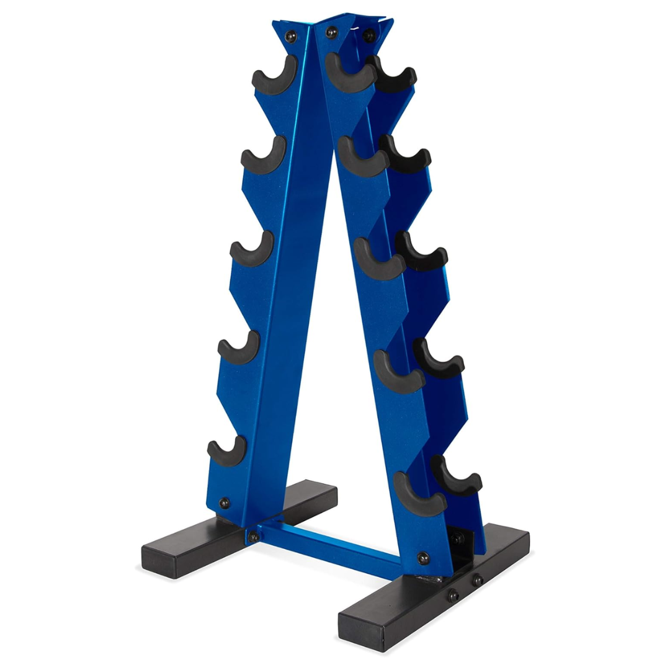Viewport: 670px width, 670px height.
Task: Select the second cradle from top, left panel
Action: tap(263, 156)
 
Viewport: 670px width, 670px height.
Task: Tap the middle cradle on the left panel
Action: tap(251, 251)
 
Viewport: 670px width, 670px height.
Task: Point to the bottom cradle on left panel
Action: tap(227, 453)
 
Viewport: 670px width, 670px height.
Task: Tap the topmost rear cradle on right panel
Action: tap(393, 76)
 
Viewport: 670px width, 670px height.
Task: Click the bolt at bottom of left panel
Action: tap(224, 502)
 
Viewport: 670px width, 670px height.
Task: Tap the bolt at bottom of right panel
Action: tap(423, 556)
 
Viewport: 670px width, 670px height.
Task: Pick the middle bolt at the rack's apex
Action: tap(332, 31)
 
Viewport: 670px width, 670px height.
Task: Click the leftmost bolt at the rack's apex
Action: tap(290, 37)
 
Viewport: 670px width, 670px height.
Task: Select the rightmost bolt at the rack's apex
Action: tap(368, 34)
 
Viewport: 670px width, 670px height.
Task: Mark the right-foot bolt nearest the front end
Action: tap(453, 594)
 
